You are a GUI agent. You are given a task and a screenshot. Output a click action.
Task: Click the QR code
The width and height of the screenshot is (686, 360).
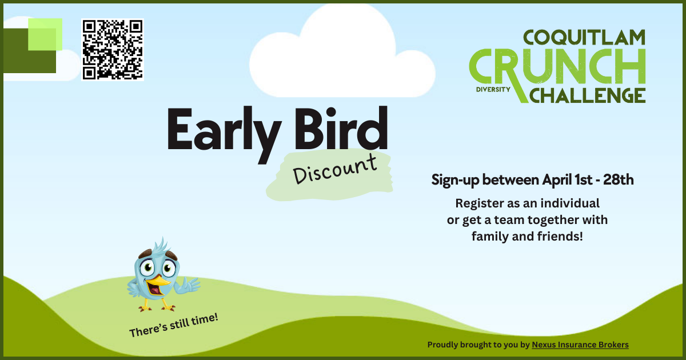point(112,49)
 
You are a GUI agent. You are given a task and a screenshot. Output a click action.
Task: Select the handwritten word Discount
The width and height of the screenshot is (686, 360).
point(335,169)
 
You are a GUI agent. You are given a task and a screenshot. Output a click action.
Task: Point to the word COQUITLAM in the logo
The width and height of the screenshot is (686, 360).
point(584,38)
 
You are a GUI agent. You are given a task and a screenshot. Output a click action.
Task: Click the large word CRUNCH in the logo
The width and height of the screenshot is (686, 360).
point(557,67)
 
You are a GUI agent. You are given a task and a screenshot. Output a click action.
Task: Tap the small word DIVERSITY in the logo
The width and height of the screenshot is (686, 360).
point(492,90)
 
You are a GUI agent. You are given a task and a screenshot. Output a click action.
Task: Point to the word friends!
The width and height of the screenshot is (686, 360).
point(559,235)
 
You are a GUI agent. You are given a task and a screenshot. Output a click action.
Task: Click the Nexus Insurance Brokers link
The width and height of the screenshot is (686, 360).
point(580,345)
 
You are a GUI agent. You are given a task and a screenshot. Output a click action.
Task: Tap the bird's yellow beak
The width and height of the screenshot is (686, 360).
point(157,282)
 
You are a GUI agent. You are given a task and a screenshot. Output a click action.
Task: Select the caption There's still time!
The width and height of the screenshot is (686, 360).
point(174,325)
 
